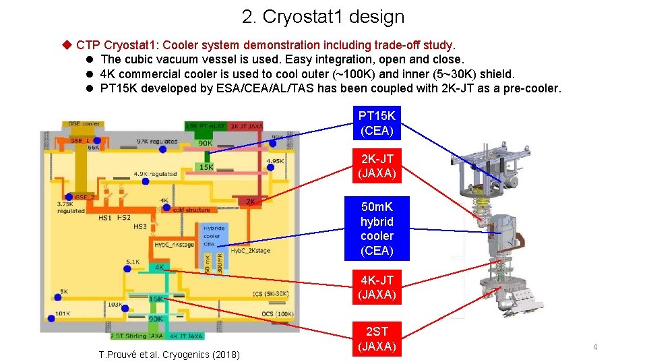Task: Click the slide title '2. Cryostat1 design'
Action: click(x=323, y=17)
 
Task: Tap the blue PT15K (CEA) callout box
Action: click(x=377, y=123)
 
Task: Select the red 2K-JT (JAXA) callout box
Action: click(x=377, y=166)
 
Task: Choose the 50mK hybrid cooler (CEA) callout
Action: click(x=377, y=229)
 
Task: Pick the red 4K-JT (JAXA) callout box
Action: click(x=377, y=287)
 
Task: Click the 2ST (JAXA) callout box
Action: click(x=377, y=338)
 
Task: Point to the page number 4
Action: click(x=595, y=346)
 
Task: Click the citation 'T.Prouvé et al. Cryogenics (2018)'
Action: click(x=168, y=355)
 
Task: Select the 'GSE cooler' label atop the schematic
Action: click(x=83, y=124)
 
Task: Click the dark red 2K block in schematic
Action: click(x=250, y=201)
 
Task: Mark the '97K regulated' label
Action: click(x=156, y=141)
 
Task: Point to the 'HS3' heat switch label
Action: click(x=140, y=226)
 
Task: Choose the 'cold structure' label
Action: click(x=191, y=210)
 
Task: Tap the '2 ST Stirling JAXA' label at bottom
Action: click(x=137, y=335)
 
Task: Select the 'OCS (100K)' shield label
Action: click(x=272, y=314)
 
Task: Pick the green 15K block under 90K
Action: click(x=205, y=166)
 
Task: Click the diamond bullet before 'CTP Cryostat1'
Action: click(x=66, y=45)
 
